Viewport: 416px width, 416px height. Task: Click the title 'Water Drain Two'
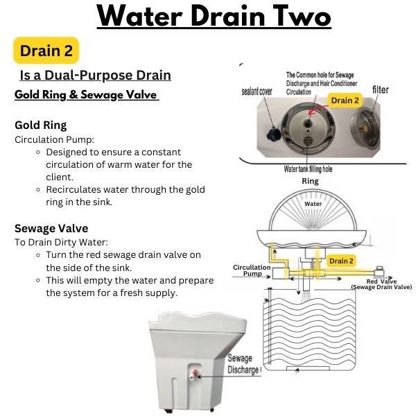tap(214, 16)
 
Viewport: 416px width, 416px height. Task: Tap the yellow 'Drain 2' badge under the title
tap(46, 51)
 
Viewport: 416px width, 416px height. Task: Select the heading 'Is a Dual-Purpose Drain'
tap(96, 75)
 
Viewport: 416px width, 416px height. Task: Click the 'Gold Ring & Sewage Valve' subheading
tap(87, 95)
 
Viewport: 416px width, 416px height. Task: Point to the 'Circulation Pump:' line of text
tap(54, 139)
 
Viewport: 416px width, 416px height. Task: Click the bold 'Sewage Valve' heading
tap(51, 228)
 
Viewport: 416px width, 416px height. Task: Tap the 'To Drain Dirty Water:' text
tap(61, 242)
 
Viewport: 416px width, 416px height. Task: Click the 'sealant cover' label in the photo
tap(257, 92)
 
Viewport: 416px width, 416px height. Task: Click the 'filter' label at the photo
tap(381, 89)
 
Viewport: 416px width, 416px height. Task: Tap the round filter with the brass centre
tap(365, 128)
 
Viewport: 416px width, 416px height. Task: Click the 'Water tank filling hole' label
tap(308, 169)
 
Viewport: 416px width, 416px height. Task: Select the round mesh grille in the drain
tap(308, 140)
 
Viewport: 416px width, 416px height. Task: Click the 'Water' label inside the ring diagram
tap(313, 204)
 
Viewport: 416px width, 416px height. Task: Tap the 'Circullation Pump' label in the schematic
tap(252, 270)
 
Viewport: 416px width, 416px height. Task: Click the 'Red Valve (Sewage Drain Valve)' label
tap(381, 284)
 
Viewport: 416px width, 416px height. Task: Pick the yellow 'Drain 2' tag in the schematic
tap(341, 261)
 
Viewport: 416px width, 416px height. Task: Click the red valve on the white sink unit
tap(196, 373)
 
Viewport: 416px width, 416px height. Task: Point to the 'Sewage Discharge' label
tap(243, 364)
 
